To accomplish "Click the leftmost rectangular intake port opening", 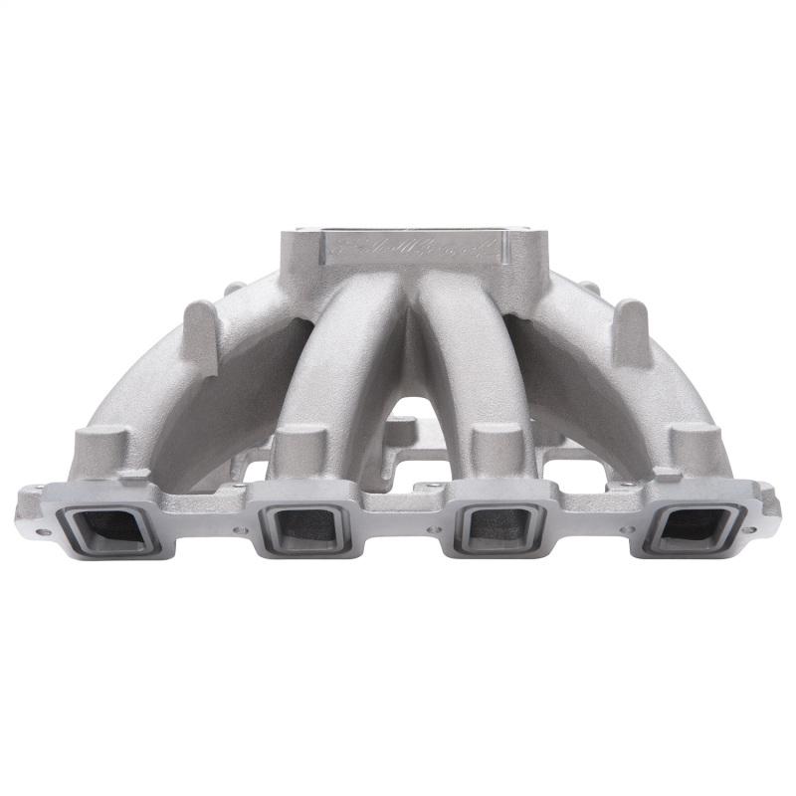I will [112, 526].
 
